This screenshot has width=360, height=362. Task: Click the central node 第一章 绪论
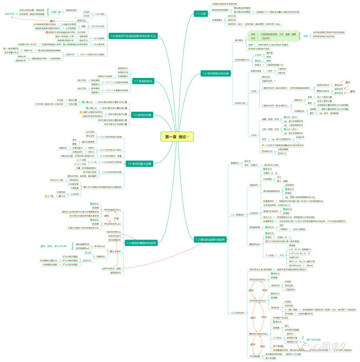tap(177, 137)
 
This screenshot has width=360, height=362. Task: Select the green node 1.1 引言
tap(201, 14)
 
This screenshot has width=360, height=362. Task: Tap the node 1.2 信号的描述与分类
tap(215, 74)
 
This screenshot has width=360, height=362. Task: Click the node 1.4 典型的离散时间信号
tap(140, 242)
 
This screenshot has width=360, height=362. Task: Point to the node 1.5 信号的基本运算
tap(139, 164)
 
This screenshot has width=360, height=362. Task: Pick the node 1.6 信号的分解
tap(142, 115)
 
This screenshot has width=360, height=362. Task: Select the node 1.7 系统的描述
tap(142, 81)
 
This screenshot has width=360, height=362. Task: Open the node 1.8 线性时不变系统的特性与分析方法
tap(133, 36)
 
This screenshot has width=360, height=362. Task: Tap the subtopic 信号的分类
tap(240, 102)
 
